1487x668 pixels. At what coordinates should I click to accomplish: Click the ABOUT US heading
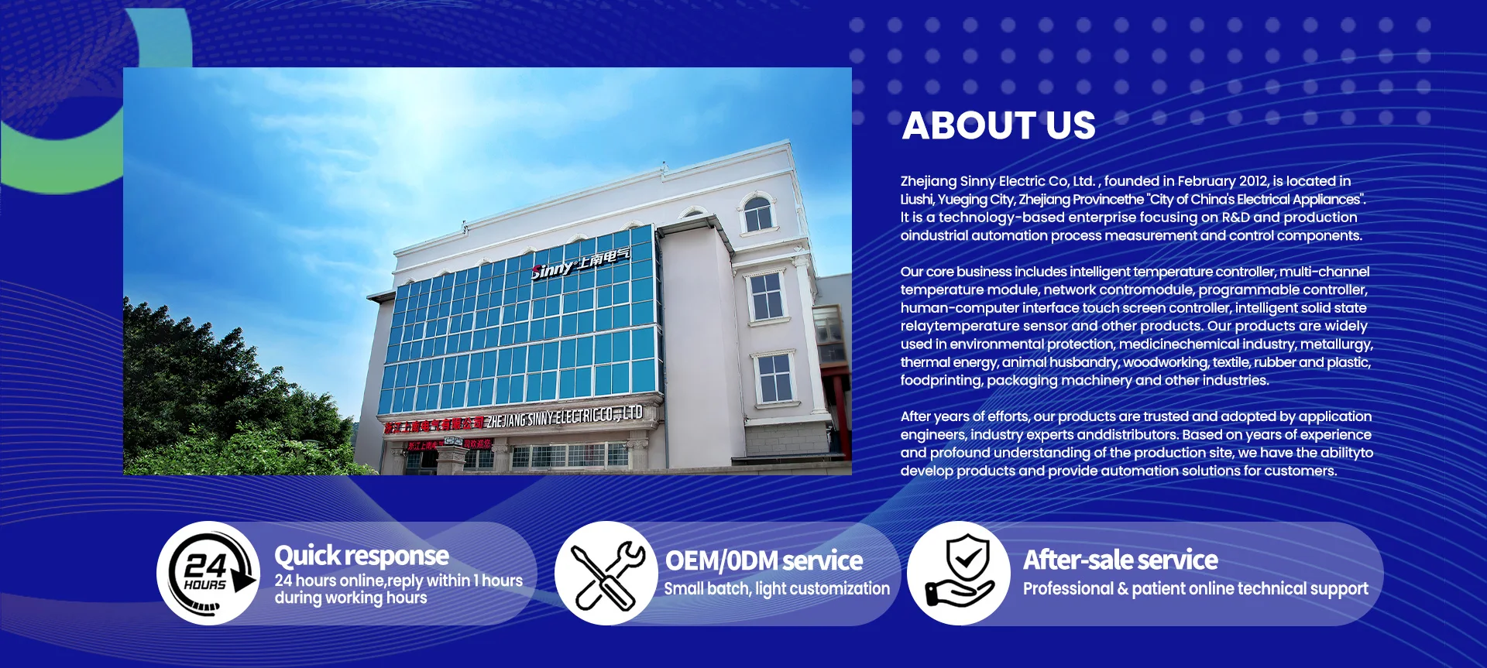click(x=998, y=125)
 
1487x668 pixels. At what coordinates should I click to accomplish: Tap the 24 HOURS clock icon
click(x=208, y=573)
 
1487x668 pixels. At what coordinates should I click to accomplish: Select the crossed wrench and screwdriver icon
click(x=606, y=574)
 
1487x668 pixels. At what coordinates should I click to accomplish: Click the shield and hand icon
click(x=959, y=574)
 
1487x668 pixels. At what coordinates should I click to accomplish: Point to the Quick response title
click(x=362, y=555)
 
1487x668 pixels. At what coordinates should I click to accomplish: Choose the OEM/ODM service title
click(x=764, y=560)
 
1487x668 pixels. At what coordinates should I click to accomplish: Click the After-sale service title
click(x=1121, y=560)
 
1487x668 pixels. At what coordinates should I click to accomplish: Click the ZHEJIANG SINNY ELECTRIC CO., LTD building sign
click(x=565, y=416)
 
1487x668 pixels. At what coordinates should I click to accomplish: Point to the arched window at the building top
click(x=757, y=213)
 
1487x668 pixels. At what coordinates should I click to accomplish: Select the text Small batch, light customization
click(x=777, y=588)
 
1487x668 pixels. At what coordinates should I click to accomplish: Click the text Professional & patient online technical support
click(x=1196, y=588)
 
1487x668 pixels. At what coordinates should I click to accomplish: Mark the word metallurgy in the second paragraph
click(x=1336, y=344)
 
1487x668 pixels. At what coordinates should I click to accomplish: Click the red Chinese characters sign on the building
click(x=434, y=424)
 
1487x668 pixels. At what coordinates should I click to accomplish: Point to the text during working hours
click(x=351, y=598)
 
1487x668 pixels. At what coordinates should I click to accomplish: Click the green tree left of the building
click(x=232, y=387)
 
